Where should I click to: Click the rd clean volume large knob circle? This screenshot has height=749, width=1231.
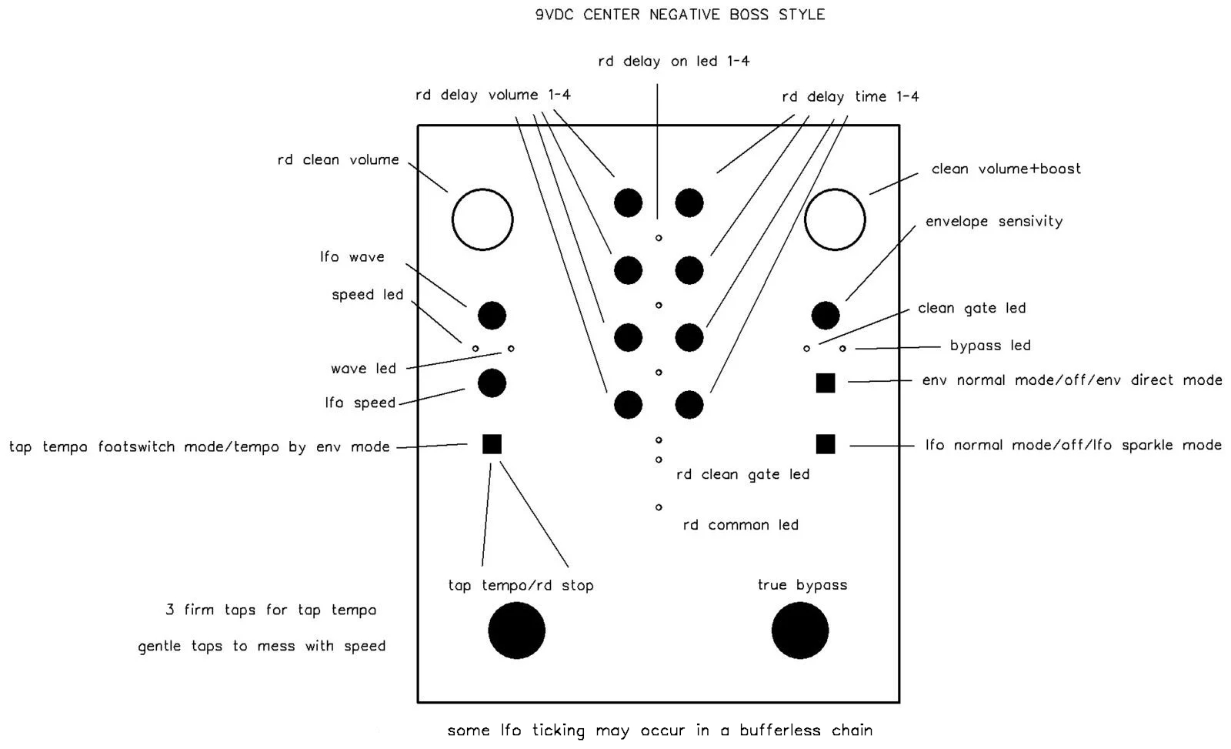click(x=452, y=220)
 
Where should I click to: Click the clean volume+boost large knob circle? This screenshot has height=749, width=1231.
click(x=805, y=220)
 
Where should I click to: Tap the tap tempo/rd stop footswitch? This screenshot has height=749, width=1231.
click(x=516, y=630)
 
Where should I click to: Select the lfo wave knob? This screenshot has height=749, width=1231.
click(x=492, y=316)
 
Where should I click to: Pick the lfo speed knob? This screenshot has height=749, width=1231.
click(x=492, y=383)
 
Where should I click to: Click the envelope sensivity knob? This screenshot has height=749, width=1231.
click(x=826, y=316)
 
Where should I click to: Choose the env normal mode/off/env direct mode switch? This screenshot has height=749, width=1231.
click(x=826, y=383)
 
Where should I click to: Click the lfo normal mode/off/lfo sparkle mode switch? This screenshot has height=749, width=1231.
click(x=826, y=444)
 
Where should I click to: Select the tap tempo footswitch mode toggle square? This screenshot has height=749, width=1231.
click(x=492, y=444)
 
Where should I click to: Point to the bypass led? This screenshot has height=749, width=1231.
click(x=842, y=349)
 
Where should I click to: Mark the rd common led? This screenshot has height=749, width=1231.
click(x=659, y=507)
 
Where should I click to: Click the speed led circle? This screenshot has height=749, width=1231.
click(x=475, y=349)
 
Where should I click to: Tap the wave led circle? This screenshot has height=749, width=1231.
click(x=511, y=349)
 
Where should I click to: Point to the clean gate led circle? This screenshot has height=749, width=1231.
click(x=807, y=349)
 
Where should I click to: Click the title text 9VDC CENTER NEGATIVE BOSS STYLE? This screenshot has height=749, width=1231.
click(x=680, y=15)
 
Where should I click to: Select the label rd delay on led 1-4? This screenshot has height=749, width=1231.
click(x=674, y=61)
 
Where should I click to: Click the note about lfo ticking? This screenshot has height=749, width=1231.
click(x=659, y=731)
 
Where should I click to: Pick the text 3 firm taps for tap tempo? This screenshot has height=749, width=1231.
click(x=271, y=610)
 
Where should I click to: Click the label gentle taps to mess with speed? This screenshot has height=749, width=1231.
click(x=262, y=646)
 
